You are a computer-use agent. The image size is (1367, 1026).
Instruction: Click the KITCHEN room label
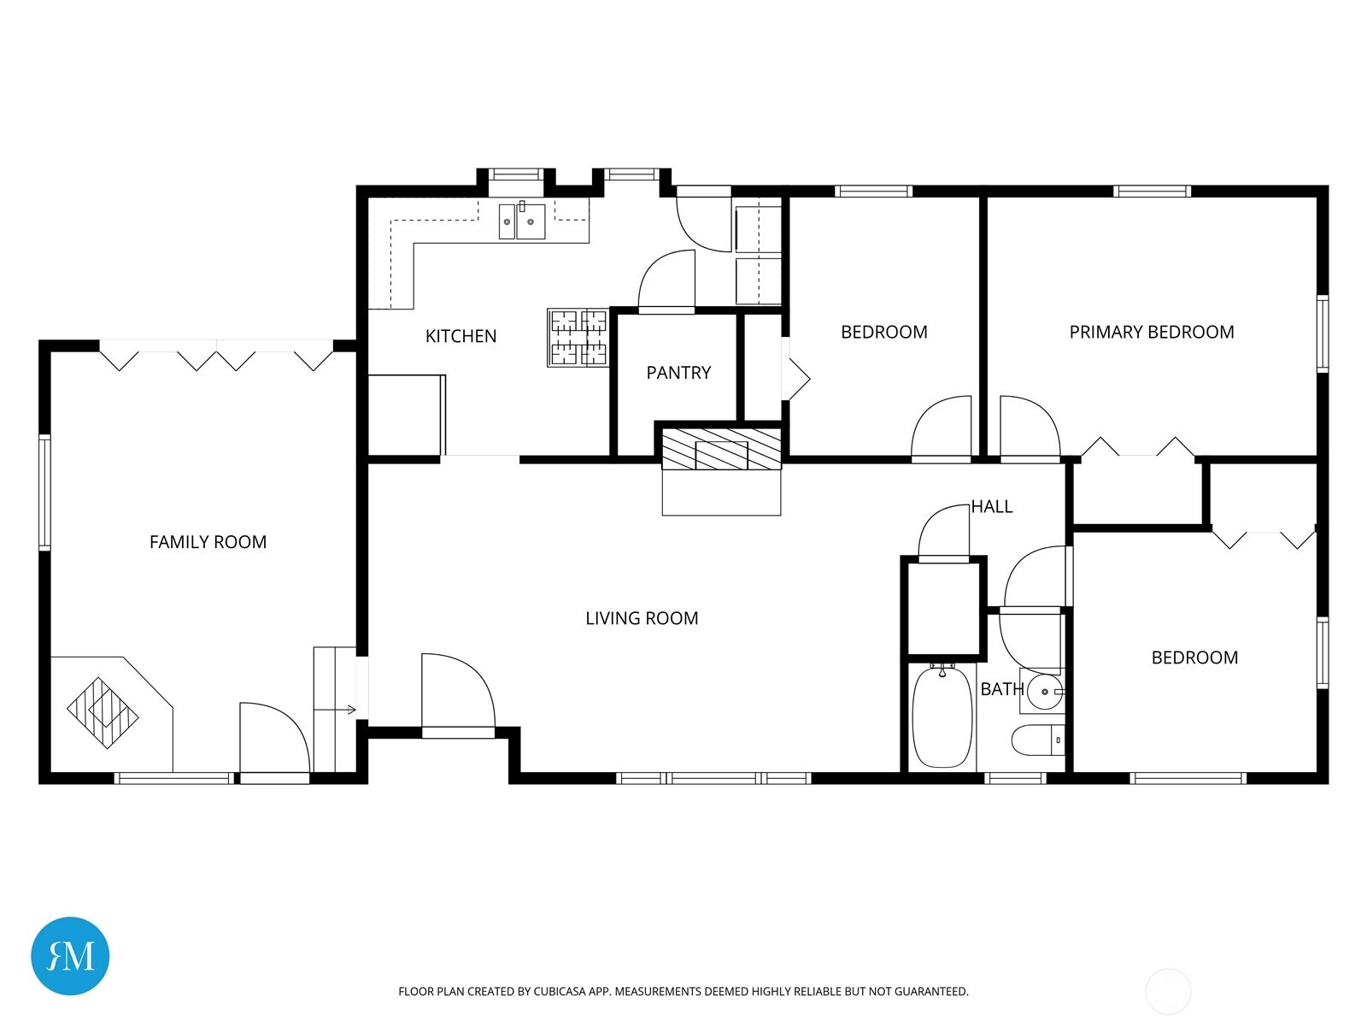[x=461, y=336]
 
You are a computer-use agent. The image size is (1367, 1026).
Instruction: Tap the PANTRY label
[x=678, y=373]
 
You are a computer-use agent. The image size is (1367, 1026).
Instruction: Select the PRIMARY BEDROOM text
[x=1151, y=332]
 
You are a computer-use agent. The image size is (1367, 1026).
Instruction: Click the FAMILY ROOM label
[x=208, y=542]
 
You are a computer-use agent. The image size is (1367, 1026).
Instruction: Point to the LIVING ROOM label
[x=642, y=618]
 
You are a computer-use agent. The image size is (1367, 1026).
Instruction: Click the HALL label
[x=992, y=507]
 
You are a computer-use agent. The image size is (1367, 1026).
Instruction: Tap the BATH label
[x=1001, y=689]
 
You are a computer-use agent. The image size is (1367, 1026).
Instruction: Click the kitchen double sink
[x=522, y=221]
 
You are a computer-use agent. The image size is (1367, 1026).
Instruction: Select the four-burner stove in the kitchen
[x=578, y=338]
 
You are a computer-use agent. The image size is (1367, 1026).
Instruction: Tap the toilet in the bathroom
[x=1037, y=740]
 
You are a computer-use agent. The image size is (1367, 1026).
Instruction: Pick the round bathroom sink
[x=1043, y=692]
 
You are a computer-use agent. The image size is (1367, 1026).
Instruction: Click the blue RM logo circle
[x=70, y=956]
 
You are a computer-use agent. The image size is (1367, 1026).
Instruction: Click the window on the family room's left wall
[x=44, y=492]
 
